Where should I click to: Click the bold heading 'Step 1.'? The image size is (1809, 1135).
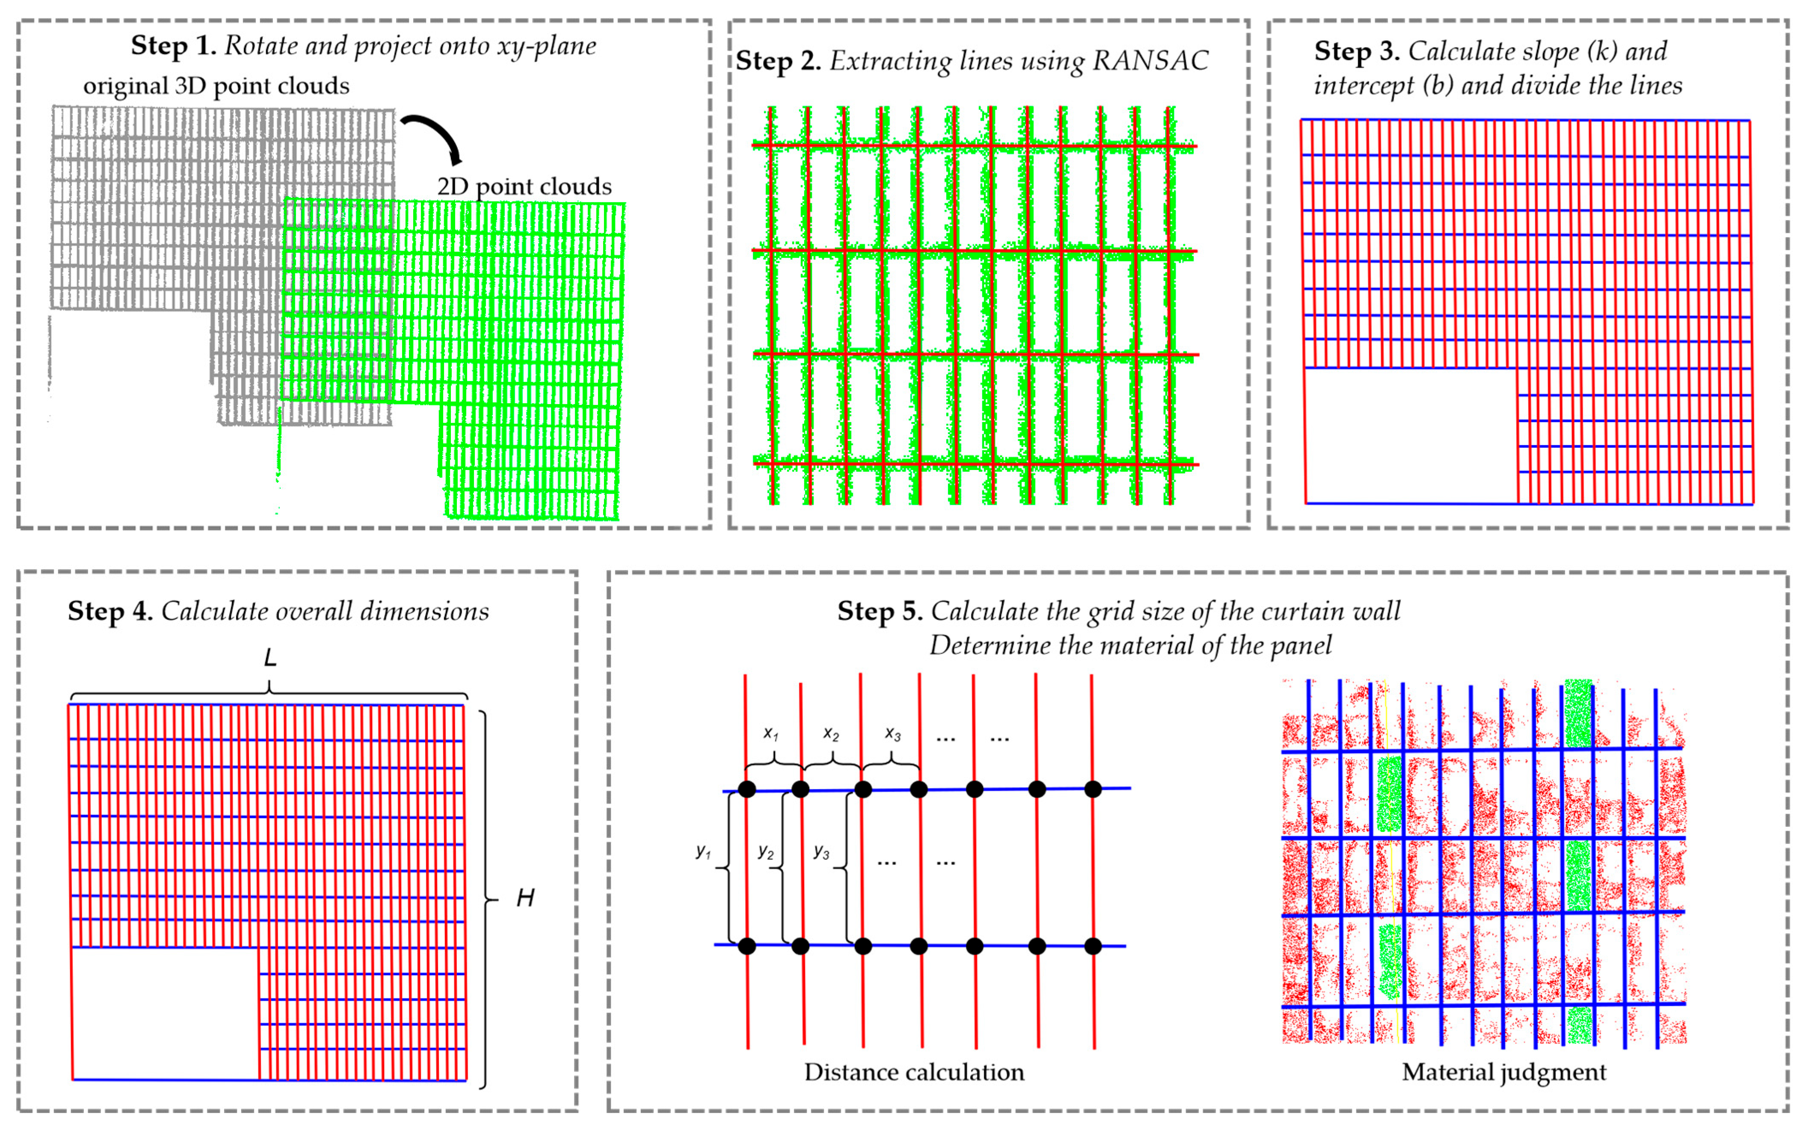(x=173, y=46)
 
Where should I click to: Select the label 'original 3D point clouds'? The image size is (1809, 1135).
(x=216, y=86)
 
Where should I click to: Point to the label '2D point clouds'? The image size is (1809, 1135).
(x=524, y=186)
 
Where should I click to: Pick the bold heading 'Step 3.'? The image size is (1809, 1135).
(x=1356, y=51)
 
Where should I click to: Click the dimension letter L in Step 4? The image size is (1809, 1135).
(x=270, y=658)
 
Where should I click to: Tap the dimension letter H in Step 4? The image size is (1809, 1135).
(x=525, y=898)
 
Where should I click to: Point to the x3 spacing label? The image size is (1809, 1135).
(x=892, y=733)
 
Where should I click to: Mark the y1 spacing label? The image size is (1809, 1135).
(x=702, y=851)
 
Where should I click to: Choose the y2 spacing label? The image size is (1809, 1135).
(x=765, y=851)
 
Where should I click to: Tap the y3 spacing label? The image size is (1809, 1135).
(x=821, y=851)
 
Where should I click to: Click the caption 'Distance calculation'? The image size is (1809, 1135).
(x=914, y=1072)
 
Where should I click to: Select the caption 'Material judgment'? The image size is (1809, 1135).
(x=1504, y=1072)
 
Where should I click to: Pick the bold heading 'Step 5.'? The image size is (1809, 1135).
(x=880, y=611)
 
